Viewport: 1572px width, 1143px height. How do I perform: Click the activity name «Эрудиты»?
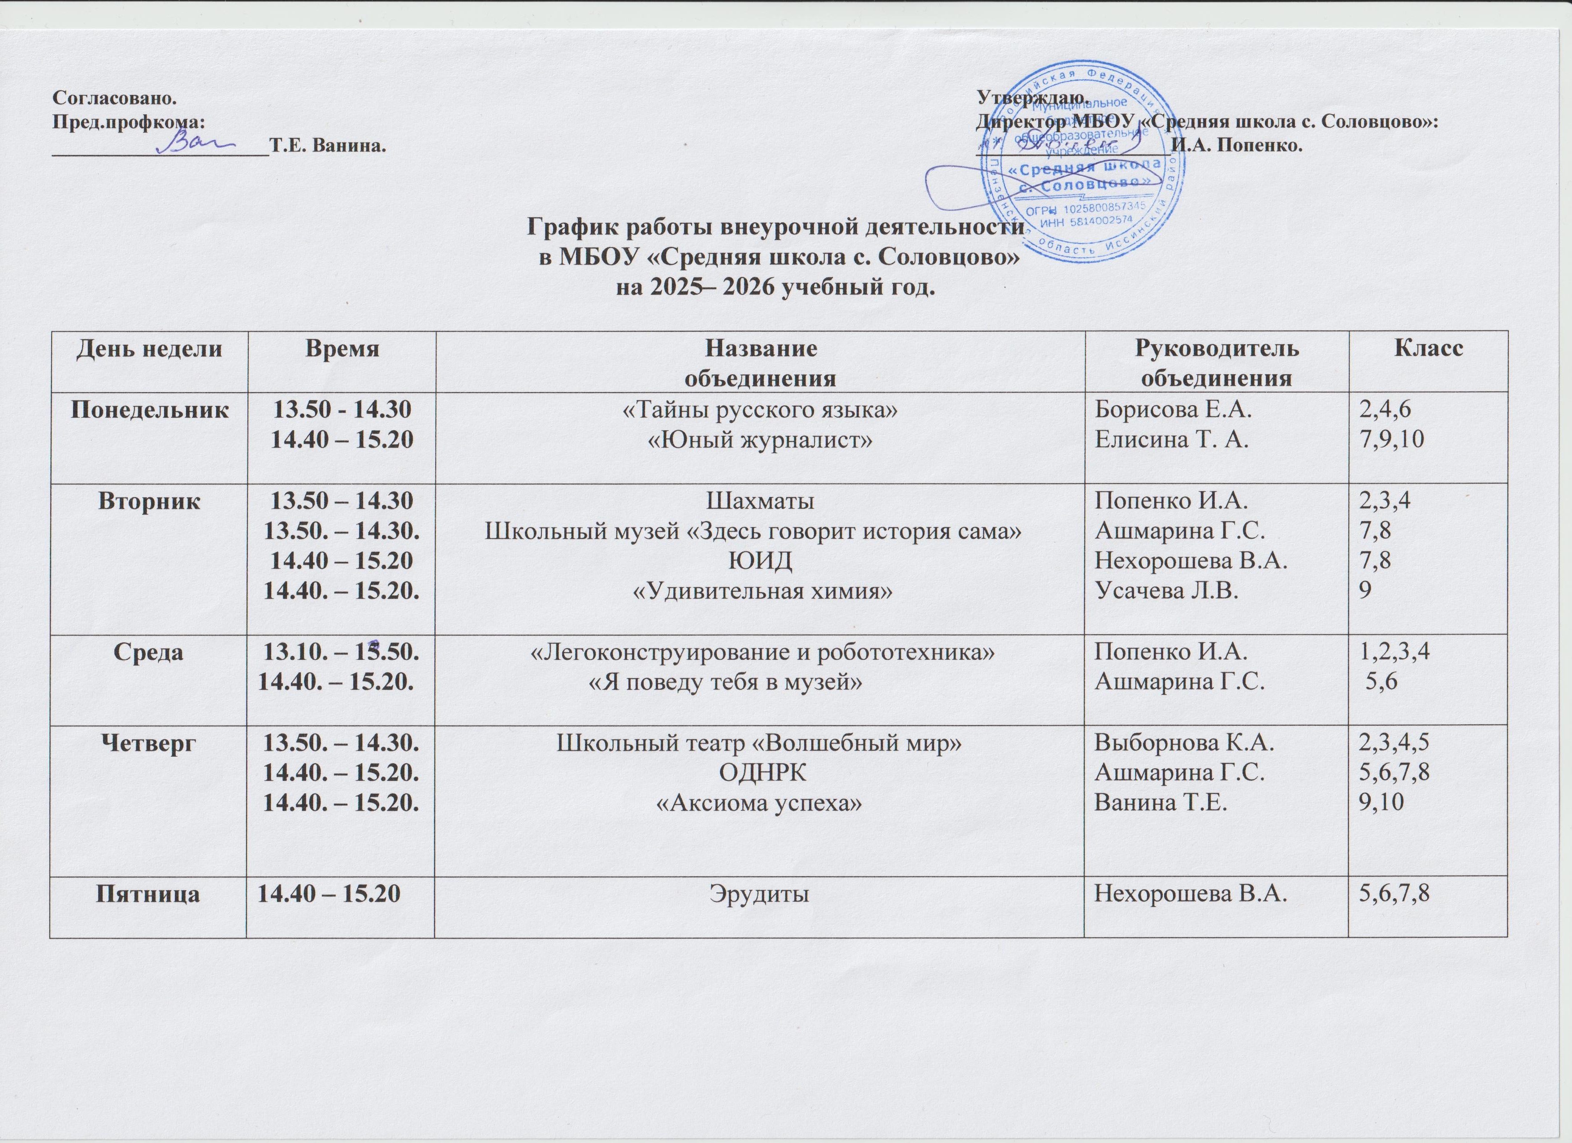click(760, 895)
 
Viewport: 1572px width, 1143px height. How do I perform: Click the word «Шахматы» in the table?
click(760, 500)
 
